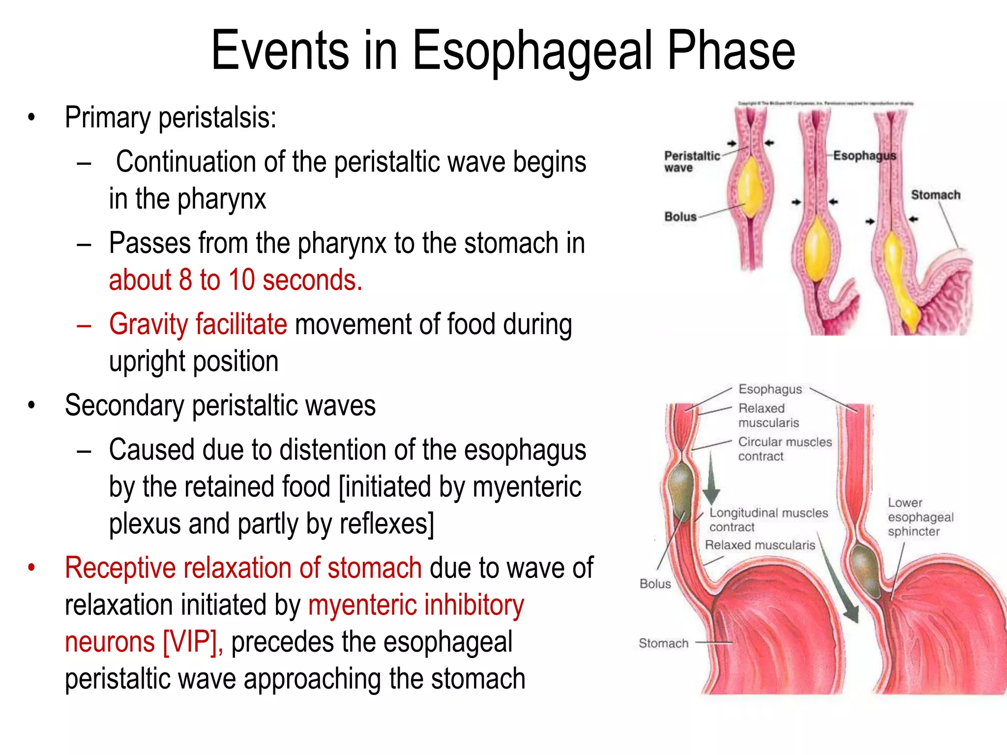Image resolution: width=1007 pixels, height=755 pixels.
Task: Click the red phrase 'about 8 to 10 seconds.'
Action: [235, 280]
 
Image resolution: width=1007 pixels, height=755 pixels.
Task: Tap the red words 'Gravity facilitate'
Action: [198, 324]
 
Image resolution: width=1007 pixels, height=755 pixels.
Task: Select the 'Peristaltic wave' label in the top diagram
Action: [691, 161]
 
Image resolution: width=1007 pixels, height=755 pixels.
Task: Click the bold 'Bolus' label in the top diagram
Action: [680, 217]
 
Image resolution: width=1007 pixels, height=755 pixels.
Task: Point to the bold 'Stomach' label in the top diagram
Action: [935, 195]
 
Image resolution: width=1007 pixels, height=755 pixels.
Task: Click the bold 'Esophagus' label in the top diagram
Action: [864, 156]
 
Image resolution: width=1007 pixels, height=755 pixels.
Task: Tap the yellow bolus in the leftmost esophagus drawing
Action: [750, 187]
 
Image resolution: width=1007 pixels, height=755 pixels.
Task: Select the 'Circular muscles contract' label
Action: [784, 449]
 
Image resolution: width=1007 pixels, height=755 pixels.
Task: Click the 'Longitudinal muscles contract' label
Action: [768, 520]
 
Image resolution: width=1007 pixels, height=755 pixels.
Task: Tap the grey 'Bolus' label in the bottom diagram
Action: [655, 584]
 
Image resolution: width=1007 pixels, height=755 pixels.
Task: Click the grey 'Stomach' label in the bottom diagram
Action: [663, 643]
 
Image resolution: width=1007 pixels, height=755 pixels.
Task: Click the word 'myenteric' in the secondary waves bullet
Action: [527, 487]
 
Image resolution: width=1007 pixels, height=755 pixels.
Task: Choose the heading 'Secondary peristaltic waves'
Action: [220, 406]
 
